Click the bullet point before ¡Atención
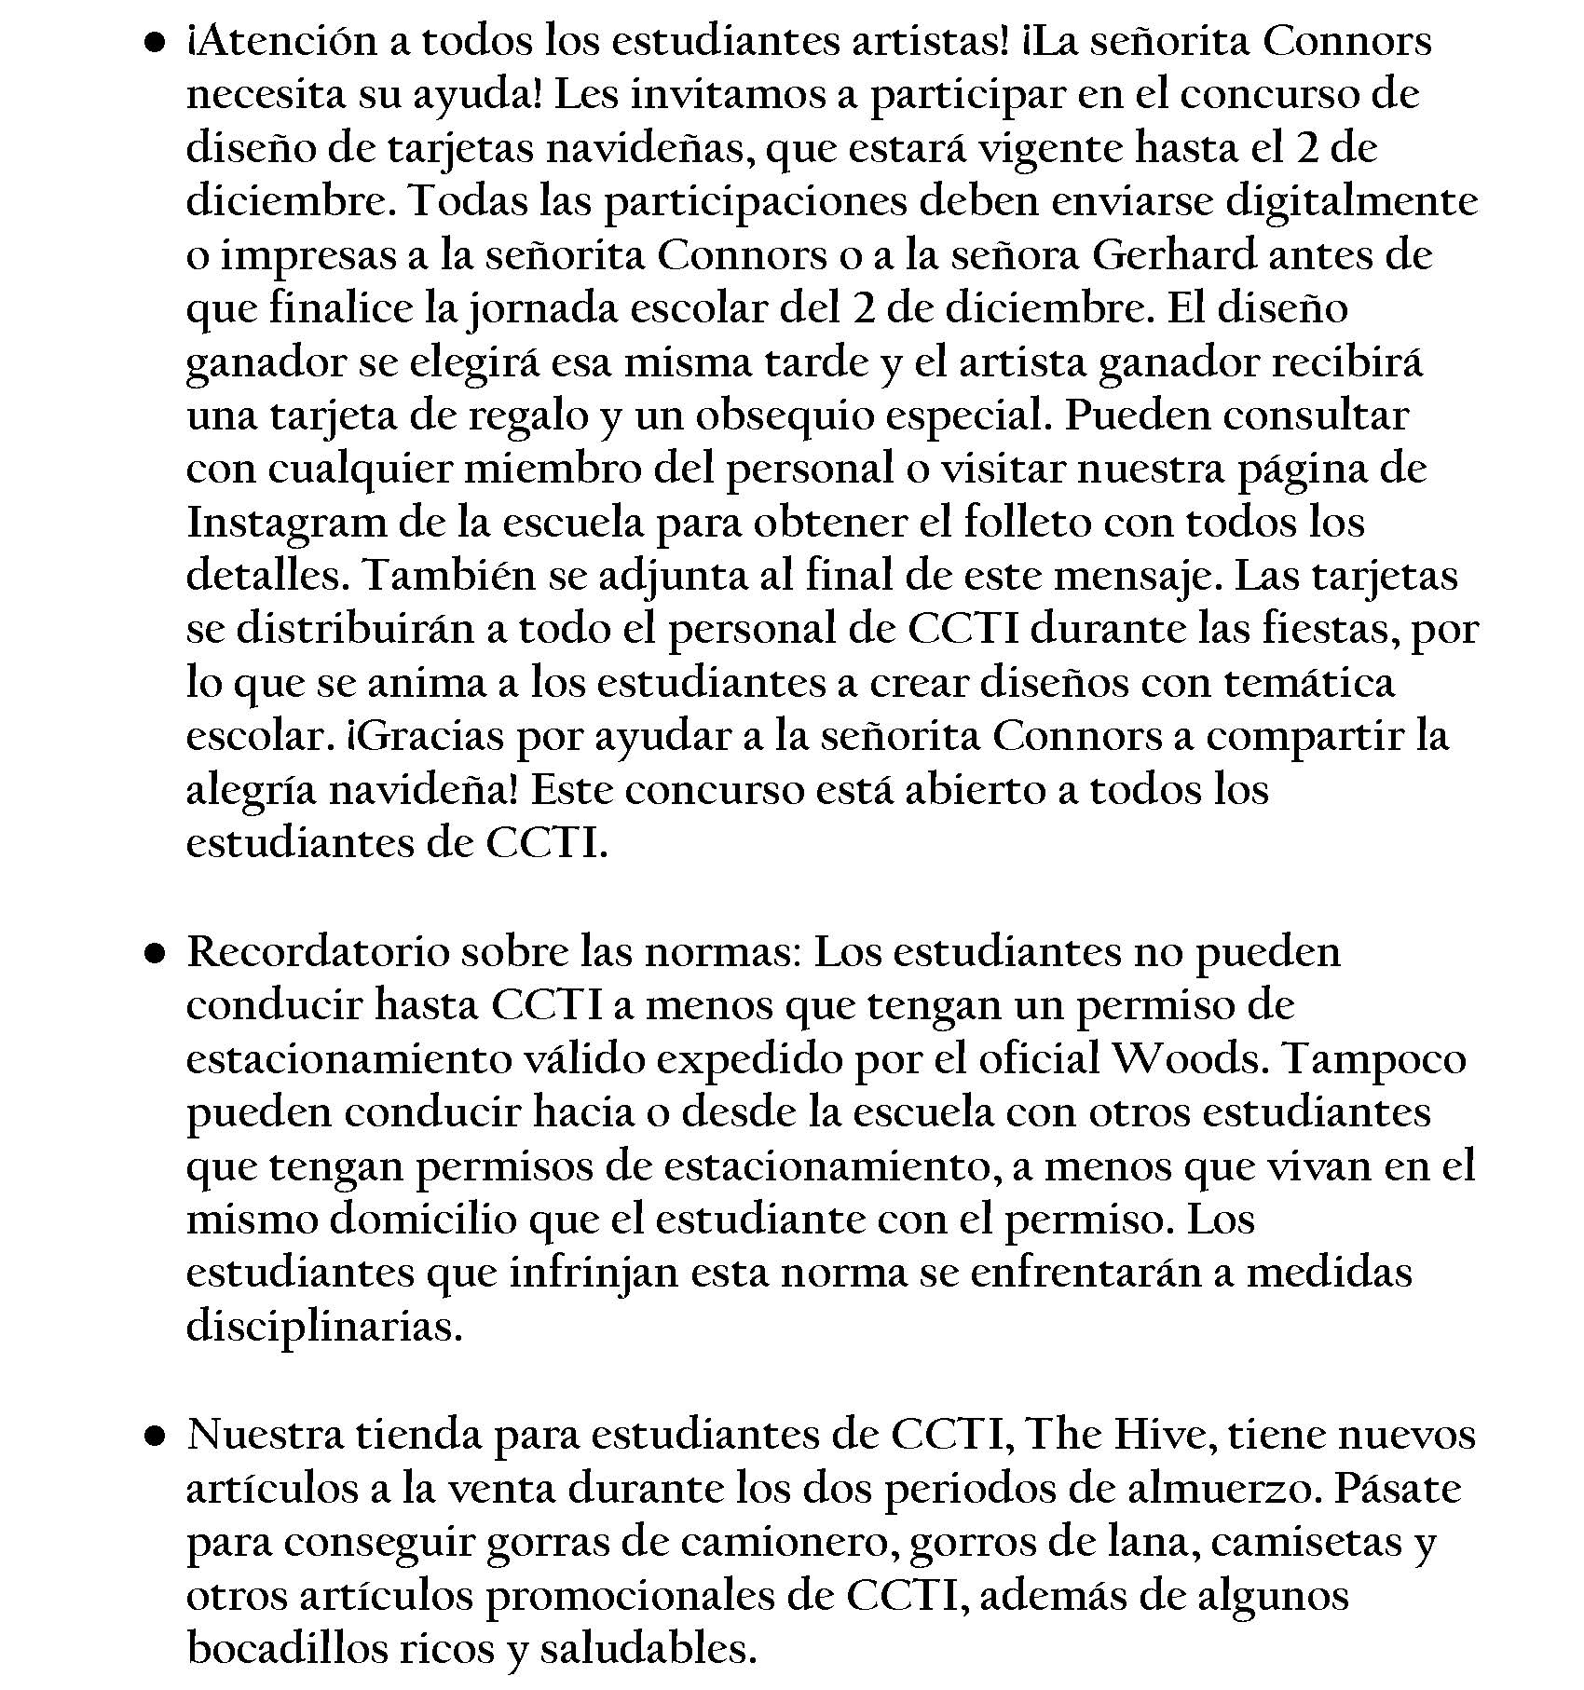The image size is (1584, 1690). (x=156, y=43)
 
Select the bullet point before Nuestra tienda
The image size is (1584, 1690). (x=156, y=1436)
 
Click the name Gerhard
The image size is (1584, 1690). (x=1173, y=255)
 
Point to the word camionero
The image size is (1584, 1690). (x=787, y=1542)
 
